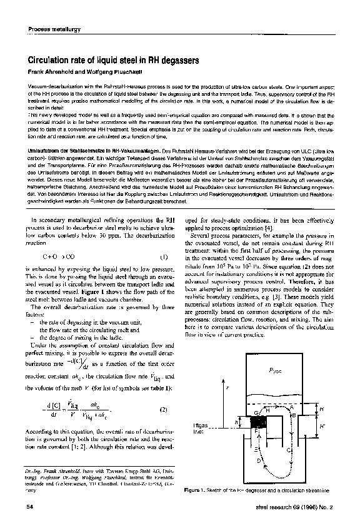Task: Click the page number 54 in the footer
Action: (x=29, y=507)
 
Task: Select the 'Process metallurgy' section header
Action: (x=53, y=29)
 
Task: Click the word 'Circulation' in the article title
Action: (x=50, y=61)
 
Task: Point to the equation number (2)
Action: (x=164, y=410)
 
